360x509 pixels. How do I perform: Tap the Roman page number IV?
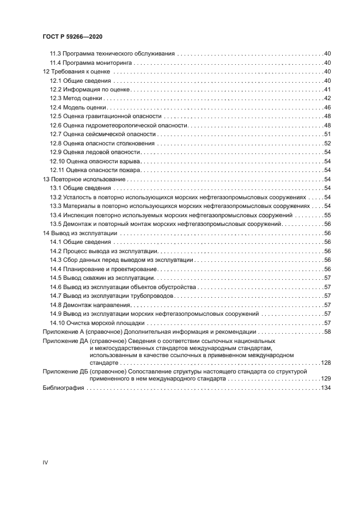pyautogui.click(x=45, y=462)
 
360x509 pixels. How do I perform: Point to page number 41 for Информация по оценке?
pyautogui.click(x=328, y=89)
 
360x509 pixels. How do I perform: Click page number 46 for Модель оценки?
pyautogui.click(x=328, y=107)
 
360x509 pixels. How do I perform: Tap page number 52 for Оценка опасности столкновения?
pyautogui.click(x=328, y=143)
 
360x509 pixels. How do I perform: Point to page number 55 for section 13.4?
pyautogui.click(x=328, y=215)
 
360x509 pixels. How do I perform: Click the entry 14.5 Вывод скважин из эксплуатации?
pyautogui.click(x=102, y=278)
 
